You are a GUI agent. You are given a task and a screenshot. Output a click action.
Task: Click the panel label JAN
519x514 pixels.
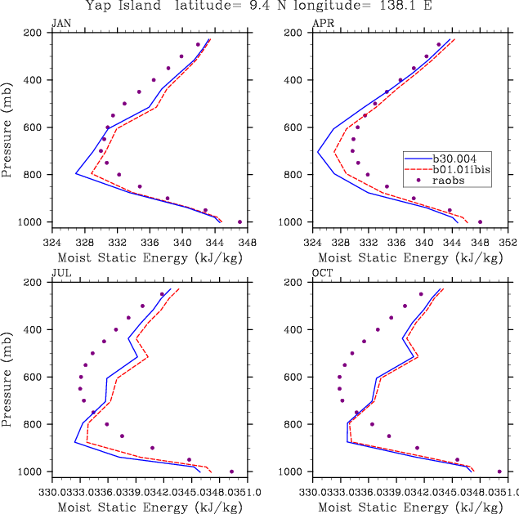coord(60,24)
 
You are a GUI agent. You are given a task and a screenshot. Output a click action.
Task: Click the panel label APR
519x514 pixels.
coord(321,24)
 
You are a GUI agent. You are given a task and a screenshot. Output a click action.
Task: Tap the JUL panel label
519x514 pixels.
coord(60,274)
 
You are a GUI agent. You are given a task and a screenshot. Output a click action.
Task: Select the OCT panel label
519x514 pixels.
coord(321,274)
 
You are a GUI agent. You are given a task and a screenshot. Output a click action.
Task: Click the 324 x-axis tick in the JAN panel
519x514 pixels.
coord(52,242)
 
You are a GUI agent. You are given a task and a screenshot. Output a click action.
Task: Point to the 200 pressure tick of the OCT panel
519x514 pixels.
coord(294,283)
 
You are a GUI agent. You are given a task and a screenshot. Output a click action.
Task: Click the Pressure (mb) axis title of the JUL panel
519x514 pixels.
coord(8,377)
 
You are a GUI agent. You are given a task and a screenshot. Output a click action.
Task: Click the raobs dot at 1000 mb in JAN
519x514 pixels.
coord(239,221)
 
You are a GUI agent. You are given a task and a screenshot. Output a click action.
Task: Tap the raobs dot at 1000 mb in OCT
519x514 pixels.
coord(499,472)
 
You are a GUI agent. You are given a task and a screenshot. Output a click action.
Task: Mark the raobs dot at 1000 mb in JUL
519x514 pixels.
coord(231,472)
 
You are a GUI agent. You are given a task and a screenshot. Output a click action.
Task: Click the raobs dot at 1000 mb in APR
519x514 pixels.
coord(480,221)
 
